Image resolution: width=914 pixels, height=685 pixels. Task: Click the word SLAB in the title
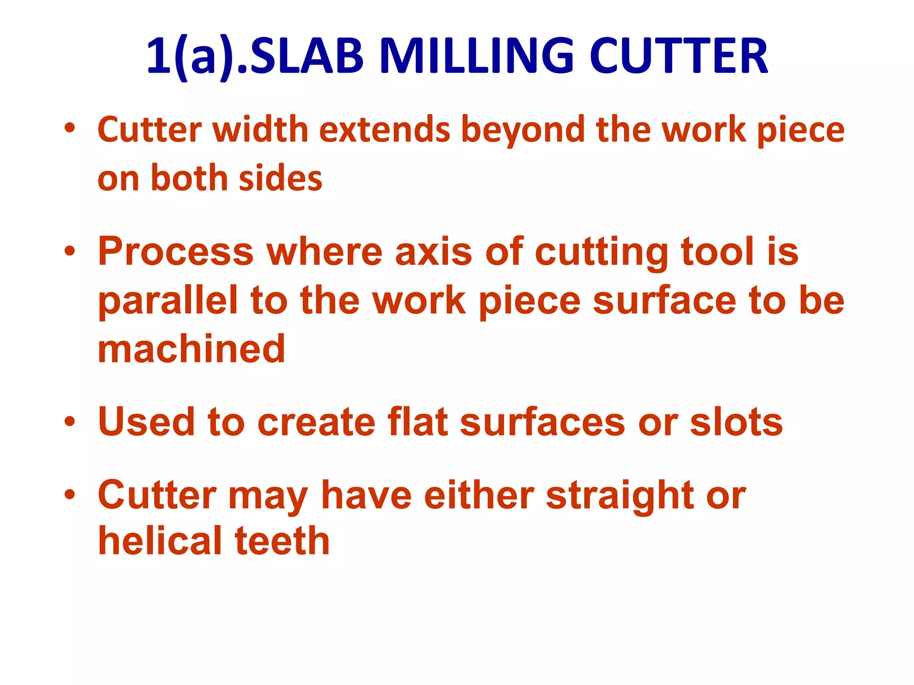click(307, 57)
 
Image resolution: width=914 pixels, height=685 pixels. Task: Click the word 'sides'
click(280, 178)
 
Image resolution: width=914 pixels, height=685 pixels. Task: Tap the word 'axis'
click(433, 252)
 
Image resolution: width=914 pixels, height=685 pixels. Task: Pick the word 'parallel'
click(168, 301)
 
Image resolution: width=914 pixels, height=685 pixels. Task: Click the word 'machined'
click(191, 349)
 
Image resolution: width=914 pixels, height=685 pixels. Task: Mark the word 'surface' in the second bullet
click(665, 301)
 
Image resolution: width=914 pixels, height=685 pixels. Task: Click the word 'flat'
click(418, 422)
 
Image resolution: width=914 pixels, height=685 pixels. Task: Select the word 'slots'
click(736, 422)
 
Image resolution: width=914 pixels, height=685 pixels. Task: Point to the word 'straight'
click(619, 496)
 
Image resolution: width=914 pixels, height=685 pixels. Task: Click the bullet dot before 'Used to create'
click(70, 421)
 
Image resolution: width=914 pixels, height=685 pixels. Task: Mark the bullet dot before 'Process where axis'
click(70, 251)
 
